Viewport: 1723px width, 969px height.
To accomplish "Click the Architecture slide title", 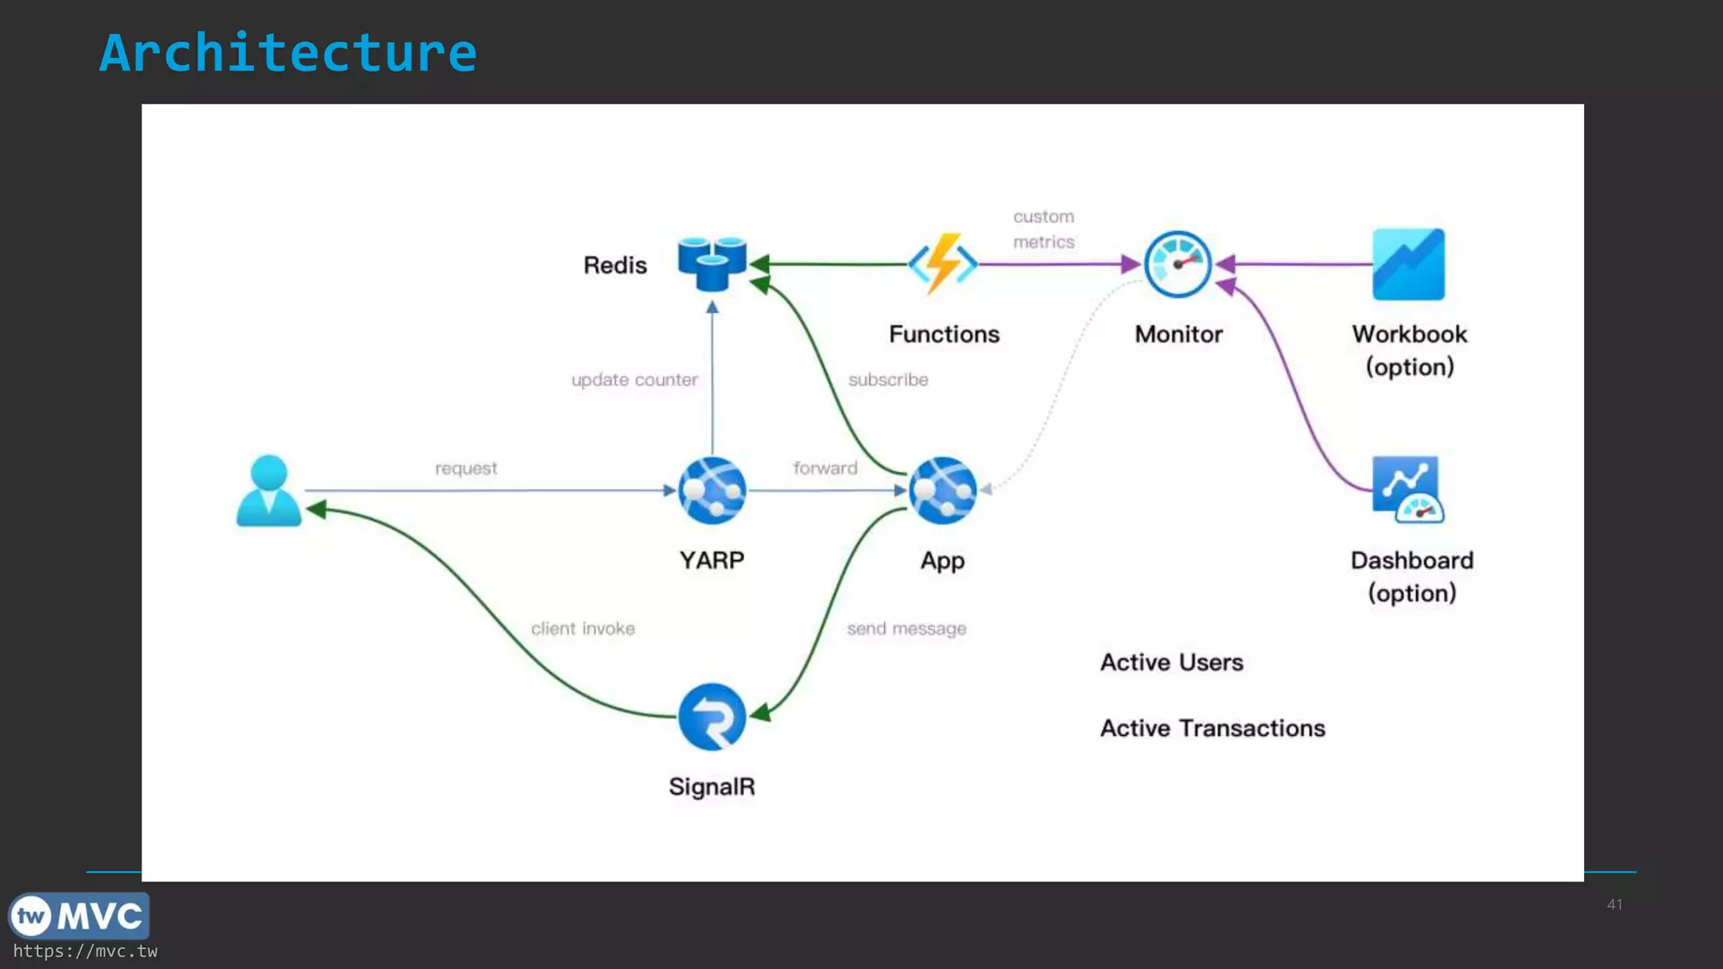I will [x=288, y=53].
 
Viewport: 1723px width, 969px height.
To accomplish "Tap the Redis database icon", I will [x=712, y=263].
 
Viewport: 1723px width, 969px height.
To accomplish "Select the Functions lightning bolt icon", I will [x=942, y=264].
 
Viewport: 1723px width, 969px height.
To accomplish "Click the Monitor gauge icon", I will [x=1178, y=264].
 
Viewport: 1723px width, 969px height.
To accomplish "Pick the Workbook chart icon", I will [x=1408, y=264].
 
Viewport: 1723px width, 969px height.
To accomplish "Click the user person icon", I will [x=268, y=491].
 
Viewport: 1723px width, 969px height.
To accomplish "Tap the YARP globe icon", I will [x=712, y=490].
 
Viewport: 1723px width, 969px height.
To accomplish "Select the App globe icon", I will [x=942, y=490].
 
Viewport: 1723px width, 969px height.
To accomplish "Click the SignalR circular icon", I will [x=712, y=717].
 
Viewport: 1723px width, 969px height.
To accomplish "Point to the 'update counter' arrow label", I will [x=634, y=380].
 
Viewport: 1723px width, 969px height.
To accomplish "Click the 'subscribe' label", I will [x=888, y=380].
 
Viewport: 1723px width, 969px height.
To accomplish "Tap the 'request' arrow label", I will [x=465, y=469].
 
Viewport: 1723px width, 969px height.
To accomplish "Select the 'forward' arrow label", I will [x=824, y=469].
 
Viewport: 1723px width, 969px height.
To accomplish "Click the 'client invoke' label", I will [x=582, y=629].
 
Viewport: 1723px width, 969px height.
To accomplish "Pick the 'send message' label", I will [x=906, y=629].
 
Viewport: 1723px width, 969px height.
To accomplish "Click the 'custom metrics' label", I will [x=1043, y=230].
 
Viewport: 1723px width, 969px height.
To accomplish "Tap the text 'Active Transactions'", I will [x=1212, y=728].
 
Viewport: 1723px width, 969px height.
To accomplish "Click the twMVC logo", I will [x=79, y=916].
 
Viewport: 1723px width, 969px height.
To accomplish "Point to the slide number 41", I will [x=1614, y=905].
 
